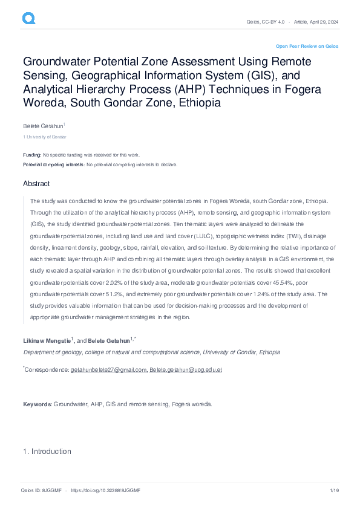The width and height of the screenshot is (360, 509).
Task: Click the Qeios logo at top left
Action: click(28, 19)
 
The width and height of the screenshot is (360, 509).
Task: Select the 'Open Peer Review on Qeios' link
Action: click(307, 46)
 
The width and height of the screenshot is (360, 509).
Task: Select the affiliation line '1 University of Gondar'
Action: click(41, 137)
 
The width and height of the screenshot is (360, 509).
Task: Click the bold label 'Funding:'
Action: click(32, 155)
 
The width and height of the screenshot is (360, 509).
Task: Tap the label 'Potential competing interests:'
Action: click(54, 164)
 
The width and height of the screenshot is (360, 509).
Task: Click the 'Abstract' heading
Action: click(36, 184)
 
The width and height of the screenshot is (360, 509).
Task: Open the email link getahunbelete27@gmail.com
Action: click(108, 369)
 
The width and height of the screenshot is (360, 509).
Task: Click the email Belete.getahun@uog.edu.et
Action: click(186, 369)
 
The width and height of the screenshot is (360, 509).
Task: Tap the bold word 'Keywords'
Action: click(37, 404)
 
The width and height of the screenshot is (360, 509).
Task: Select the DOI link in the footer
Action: click(105, 491)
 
